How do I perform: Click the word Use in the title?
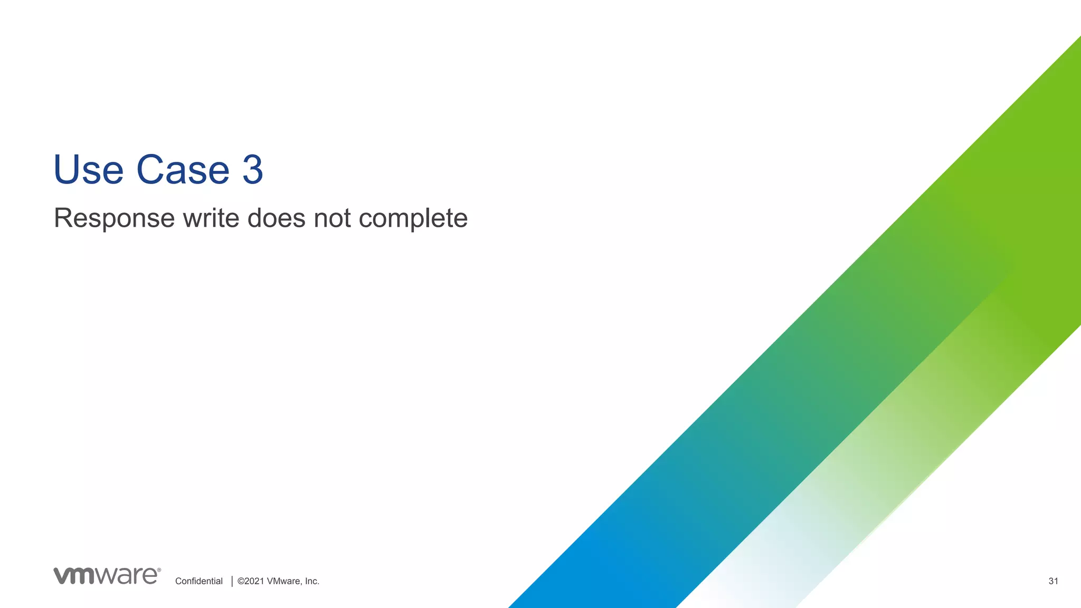click(x=88, y=170)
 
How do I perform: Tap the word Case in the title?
click(x=183, y=170)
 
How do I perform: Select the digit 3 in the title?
click(x=253, y=170)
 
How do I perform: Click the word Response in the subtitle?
click(x=114, y=218)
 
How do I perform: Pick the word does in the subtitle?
click(x=276, y=218)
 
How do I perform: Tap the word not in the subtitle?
click(x=332, y=218)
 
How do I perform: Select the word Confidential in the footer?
click(x=199, y=581)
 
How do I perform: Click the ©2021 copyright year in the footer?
click(x=251, y=581)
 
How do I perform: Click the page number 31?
click(x=1053, y=581)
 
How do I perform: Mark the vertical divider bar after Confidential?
click(x=232, y=581)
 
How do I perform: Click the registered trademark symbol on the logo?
click(x=159, y=570)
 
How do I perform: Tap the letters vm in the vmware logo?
click(x=74, y=576)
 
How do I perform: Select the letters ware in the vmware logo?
click(x=127, y=576)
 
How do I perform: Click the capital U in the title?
click(x=67, y=170)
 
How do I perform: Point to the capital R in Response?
click(x=63, y=218)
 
